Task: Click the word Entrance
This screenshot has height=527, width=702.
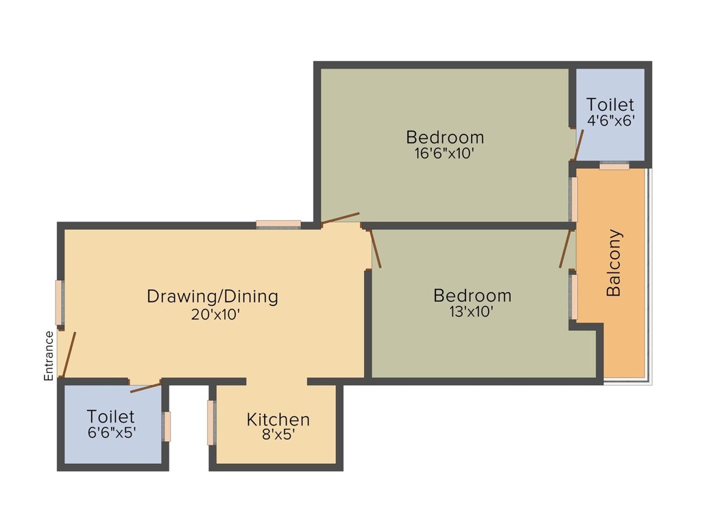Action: pos(49,355)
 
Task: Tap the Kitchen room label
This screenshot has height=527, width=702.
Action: pos(278,419)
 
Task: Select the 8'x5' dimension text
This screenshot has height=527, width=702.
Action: pos(278,434)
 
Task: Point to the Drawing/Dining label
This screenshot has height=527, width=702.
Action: pos(213,296)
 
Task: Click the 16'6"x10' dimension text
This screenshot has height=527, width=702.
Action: pos(444,153)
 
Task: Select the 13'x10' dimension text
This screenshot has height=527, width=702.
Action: pos(472,312)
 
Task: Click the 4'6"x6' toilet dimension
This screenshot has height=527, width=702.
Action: pos(610,121)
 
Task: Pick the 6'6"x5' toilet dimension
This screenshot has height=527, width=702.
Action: pos(110,432)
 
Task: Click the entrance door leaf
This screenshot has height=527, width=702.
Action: pos(69,355)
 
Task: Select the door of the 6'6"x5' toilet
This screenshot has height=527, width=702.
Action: pos(145,387)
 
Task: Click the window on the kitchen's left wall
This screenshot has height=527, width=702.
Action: pos(212,422)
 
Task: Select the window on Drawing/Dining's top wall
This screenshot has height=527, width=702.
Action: pos(278,224)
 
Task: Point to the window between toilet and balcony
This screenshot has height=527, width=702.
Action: pos(614,165)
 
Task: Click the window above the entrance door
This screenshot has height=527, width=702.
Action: pos(60,303)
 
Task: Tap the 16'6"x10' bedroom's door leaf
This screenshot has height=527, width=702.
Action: pos(340,218)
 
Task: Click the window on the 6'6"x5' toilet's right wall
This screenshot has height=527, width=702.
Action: pos(166,426)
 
